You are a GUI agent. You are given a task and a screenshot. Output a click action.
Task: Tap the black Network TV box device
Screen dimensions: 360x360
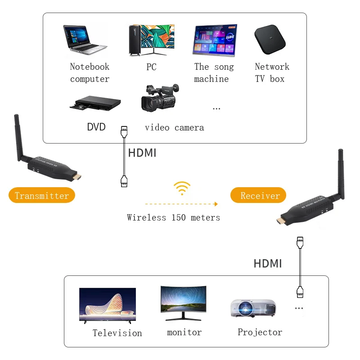click(270, 40)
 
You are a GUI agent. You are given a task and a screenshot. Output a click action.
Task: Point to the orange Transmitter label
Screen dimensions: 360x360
click(42, 196)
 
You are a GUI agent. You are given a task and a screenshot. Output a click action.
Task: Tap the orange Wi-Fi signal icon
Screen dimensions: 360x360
click(182, 188)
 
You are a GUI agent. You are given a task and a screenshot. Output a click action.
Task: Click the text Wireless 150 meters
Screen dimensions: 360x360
click(173, 218)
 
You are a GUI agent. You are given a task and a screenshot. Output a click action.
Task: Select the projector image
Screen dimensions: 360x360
click(252, 309)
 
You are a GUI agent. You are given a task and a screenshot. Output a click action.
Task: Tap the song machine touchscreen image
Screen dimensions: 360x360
click(215, 40)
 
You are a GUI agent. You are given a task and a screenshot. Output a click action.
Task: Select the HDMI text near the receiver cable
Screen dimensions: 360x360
click(268, 264)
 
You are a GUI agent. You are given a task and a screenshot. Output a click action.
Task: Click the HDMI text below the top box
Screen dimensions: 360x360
click(142, 153)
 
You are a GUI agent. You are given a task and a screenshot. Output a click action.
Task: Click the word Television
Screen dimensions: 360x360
click(117, 333)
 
